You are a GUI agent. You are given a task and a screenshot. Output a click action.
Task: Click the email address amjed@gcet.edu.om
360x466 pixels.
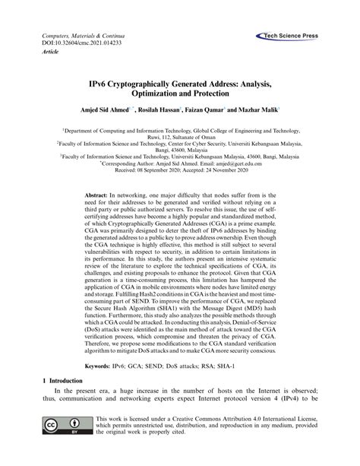232,163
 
